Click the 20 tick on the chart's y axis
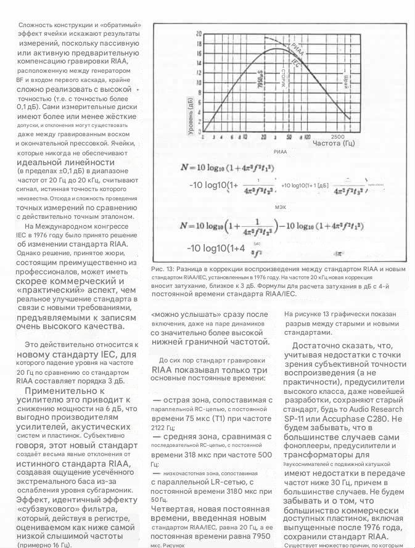point(199,33)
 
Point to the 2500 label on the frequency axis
point(337,136)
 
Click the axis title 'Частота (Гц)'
point(334,143)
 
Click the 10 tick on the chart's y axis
point(199,83)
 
